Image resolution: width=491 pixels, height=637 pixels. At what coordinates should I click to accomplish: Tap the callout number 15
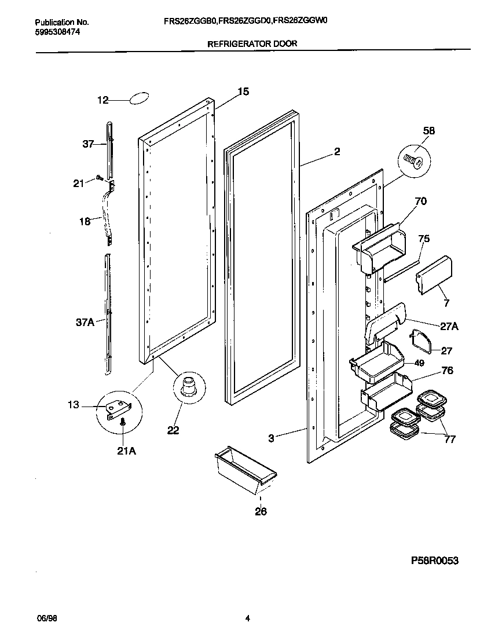click(x=243, y=91)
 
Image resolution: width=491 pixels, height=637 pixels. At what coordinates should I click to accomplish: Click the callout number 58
click(x=428, y=131)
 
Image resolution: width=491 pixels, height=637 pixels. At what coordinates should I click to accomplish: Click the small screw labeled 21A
click(x=123, y=424)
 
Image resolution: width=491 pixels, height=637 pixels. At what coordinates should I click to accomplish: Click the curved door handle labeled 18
click(x=107, y=211)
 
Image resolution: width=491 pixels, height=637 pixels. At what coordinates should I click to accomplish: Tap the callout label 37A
click(x=85, y=323)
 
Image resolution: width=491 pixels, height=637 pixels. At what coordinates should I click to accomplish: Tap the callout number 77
click(x=449, y=439)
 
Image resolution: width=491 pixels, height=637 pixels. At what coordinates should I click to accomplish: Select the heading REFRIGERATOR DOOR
click(x=251, y=43)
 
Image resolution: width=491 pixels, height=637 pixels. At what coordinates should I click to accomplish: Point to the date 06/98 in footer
click(x=46, y=618)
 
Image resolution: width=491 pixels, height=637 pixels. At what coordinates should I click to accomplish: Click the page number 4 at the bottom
click(x=247, y=618)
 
